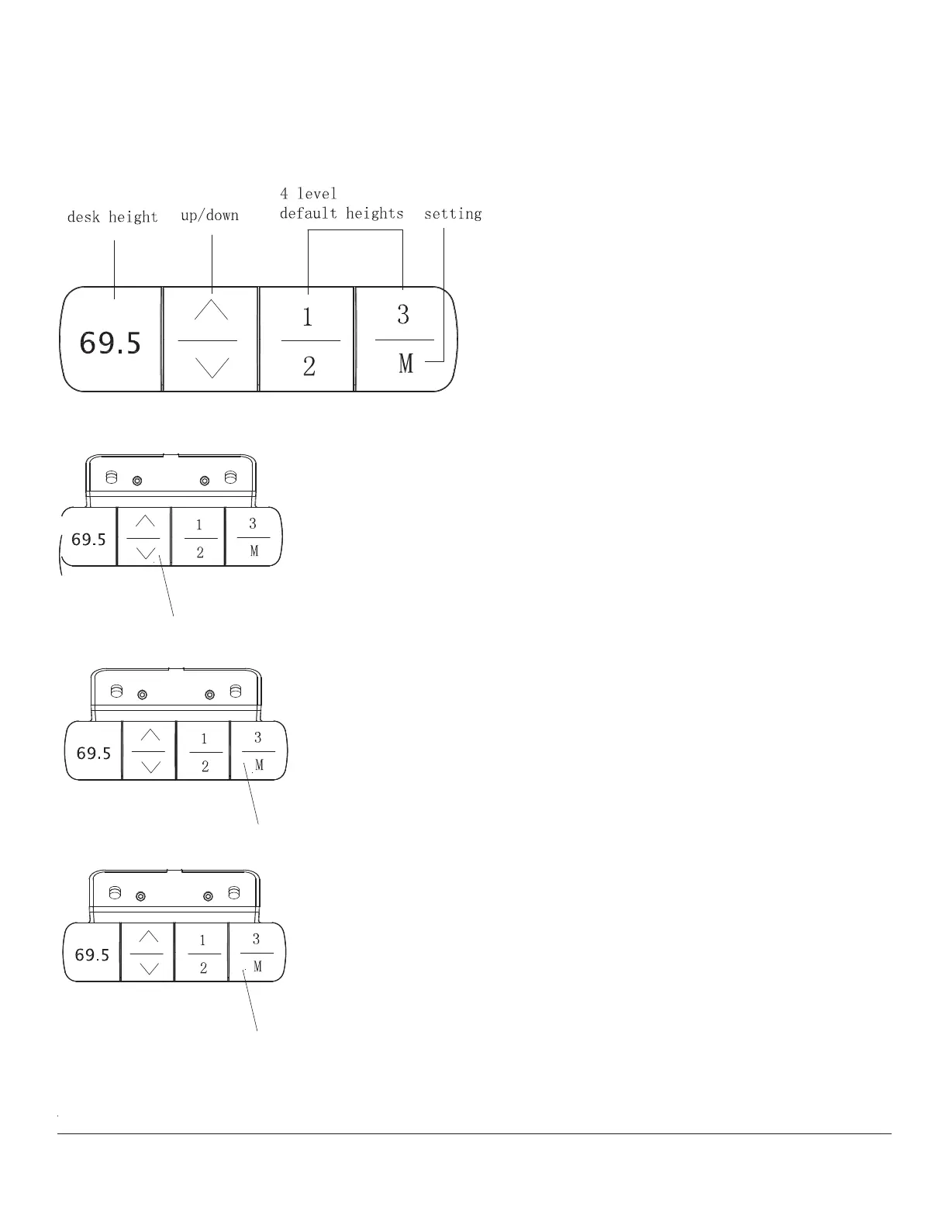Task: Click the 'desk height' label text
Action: (112, 217)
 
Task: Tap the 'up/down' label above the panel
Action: (209, 216)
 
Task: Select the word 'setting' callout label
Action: (453, 214)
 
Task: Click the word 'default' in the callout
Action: (309, 213)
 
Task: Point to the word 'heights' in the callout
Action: (374, 213)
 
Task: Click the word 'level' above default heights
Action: (317, 194)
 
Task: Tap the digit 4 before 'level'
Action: (285, 194)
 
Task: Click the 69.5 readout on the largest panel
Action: (111, 343)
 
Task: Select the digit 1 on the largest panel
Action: (308, 317)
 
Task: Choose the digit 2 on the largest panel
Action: (309, 366)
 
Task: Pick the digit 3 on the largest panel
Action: (403, 315)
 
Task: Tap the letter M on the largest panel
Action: (405, 363)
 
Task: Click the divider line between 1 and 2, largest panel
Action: (309, 340)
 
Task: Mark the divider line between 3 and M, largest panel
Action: (404, 340)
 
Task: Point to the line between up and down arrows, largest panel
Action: (208, 340)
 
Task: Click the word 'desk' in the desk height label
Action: (82, 217)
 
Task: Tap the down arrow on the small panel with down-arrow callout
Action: (145, 552)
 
